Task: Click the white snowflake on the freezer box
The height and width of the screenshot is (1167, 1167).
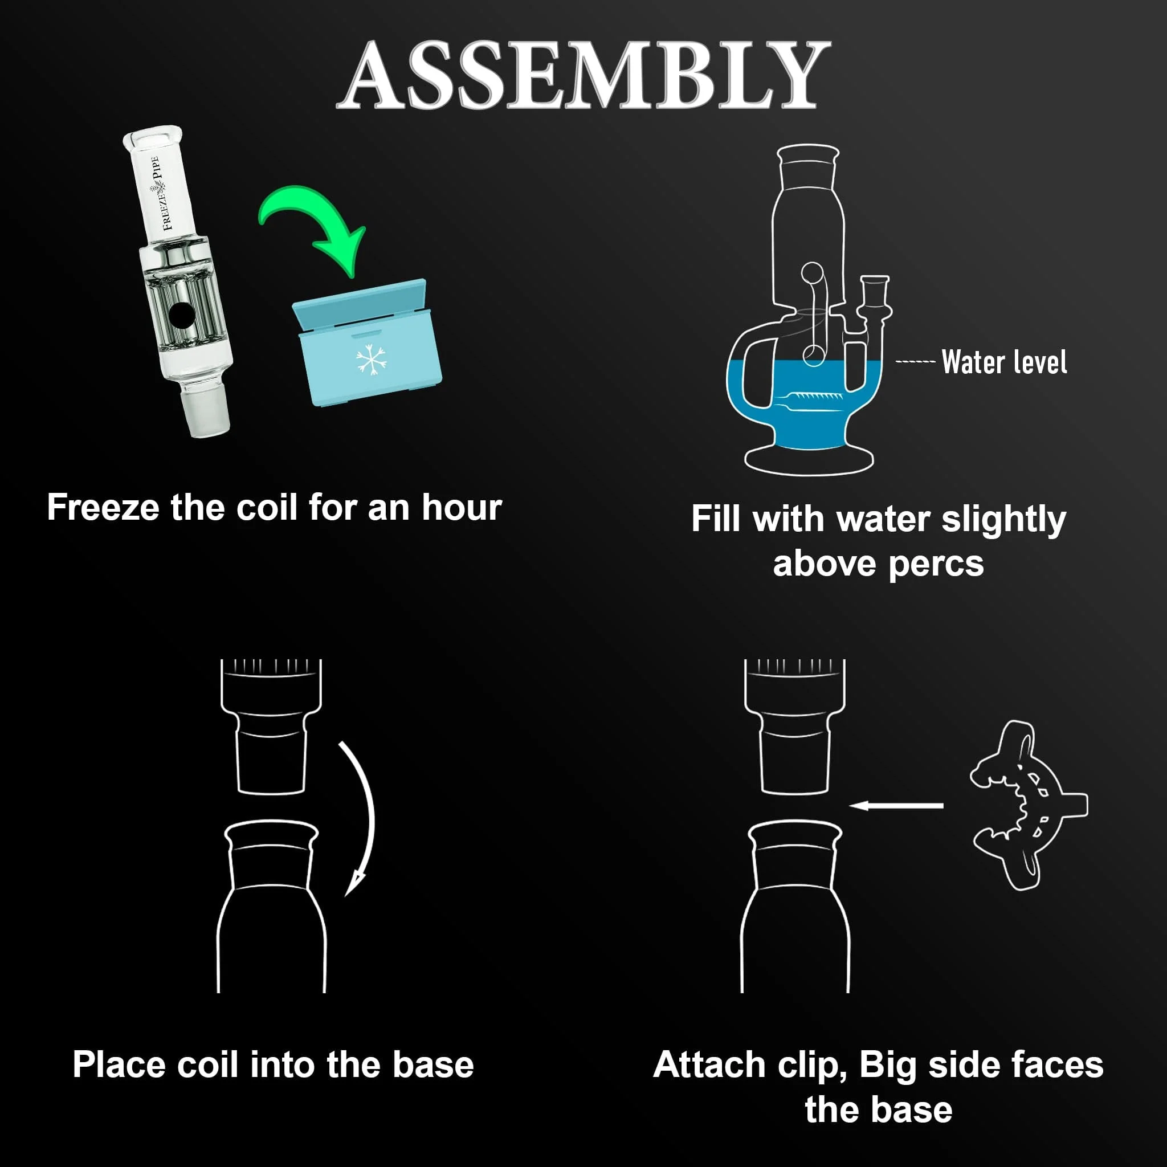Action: click(371, 360)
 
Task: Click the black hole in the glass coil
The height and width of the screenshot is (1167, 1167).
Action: click(181, 315)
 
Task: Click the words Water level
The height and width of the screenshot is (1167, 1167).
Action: click(1004, 362)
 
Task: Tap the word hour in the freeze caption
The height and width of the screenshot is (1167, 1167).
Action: click(462, 507)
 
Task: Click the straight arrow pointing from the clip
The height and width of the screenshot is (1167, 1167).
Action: click(896, 805)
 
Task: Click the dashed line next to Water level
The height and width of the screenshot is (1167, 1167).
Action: click(915, 362)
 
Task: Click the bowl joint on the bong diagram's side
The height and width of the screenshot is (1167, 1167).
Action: click(874, 299)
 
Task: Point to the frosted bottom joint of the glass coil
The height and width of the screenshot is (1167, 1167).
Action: click(206, 411)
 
